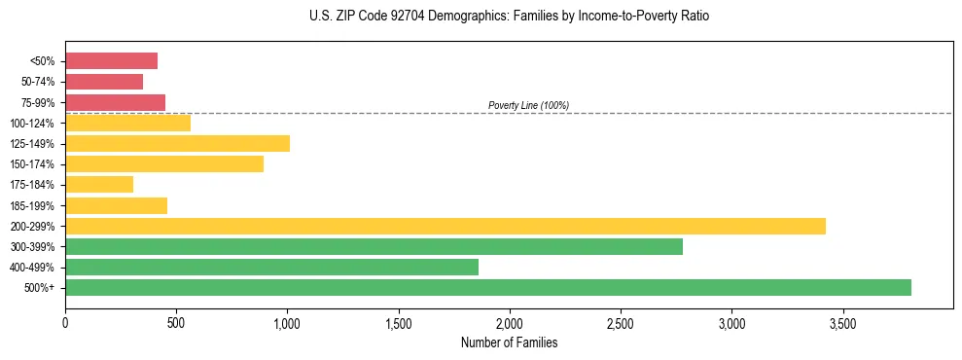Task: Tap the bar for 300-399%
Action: point(374,246)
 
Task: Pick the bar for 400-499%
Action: point(271,267)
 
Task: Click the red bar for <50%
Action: point(111,61)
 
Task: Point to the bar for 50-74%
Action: point(104,82)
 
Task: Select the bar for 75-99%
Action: point(115,102)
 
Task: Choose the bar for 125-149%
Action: point(177,144)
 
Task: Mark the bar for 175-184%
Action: point(99,185)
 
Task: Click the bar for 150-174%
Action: point(164,164)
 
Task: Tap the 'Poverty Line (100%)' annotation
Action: point(528,105)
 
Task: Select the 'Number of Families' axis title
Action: point(509,342)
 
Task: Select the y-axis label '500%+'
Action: point(40,288)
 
